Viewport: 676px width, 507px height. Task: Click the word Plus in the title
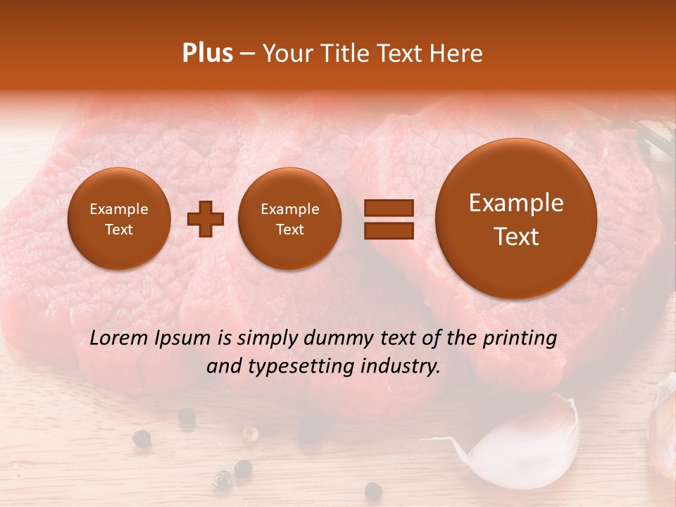pos(207,54)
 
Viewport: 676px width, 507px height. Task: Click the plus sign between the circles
pos(205,218)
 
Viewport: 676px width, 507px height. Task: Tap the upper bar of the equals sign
pos(388,208)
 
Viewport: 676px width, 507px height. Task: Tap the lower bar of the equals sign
pos(388,230)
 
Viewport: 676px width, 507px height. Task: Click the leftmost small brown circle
pos(118,218)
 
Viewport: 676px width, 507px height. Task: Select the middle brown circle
pos(289,218)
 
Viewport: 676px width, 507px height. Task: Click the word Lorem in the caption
pos(118,339)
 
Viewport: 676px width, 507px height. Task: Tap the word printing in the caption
pos(519,339)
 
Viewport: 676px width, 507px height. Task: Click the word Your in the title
pos(284,54)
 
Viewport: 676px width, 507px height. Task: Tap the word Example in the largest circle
pos(516,204)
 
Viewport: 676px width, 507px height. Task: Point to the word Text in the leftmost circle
pos(118,230)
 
